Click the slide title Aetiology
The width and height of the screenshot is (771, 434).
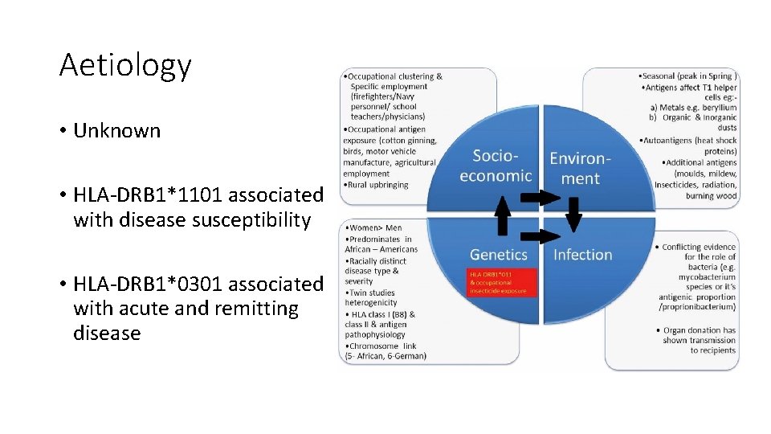point(125,66)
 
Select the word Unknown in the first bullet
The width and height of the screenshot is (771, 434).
point(116,131)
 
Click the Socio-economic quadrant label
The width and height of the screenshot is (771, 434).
point(496,166)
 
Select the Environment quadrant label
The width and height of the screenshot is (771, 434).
point(581,168)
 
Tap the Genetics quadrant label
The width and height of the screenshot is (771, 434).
point(498,255)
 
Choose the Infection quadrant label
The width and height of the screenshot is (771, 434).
point(583,255)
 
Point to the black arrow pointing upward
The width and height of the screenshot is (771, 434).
point(502,215)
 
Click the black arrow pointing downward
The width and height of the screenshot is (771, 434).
point(573,214)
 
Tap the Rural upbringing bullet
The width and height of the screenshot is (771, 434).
point(378,184)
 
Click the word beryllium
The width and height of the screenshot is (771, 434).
point(712,107)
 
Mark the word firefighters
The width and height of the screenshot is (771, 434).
point(382,97)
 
